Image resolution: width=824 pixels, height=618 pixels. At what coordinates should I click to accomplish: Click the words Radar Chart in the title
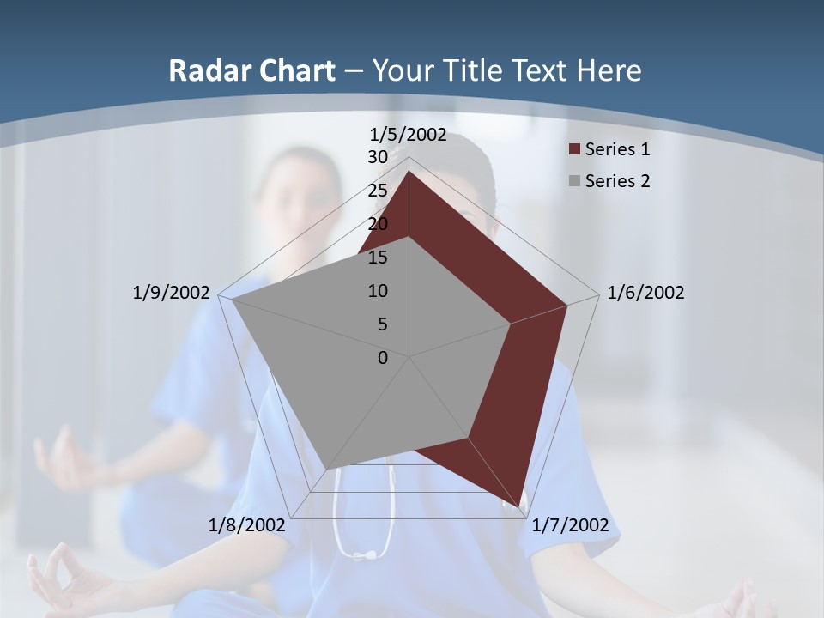(x=251, y=70)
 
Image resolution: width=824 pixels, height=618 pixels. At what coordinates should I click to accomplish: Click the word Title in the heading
(x=473, y=70)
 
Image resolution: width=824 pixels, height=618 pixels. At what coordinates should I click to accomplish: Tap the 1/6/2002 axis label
(x=645, y=293)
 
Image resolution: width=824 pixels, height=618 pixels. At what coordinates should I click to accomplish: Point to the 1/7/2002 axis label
(x=570, y=525)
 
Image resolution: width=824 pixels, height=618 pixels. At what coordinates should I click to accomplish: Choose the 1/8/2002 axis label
(x=246, y=525)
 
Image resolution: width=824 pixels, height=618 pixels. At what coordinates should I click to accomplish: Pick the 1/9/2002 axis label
(x=171, y=293)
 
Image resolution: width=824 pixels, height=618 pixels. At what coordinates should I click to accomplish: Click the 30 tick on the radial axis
(x=378, y=157)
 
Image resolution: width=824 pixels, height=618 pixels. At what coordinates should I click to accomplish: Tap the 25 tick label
(x=378, y=191)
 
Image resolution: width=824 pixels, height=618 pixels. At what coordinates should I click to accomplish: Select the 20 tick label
(x=378, y=224)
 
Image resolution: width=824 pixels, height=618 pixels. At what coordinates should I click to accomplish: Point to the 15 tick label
(x=378, y=257)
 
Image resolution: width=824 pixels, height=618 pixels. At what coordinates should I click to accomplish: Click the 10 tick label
(x=378, y=291)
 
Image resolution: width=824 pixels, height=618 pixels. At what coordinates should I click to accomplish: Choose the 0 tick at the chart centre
(x=383, y=358)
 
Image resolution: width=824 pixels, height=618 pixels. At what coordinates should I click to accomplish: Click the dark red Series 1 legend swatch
(x=574, y=150)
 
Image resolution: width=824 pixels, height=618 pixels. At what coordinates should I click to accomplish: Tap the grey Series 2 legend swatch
(x=574, y=181)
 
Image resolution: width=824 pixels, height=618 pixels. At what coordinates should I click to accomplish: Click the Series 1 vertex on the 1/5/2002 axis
(x=409, y=171)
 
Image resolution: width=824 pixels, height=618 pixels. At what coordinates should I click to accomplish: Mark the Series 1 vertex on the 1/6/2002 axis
(x=567, y=305)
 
